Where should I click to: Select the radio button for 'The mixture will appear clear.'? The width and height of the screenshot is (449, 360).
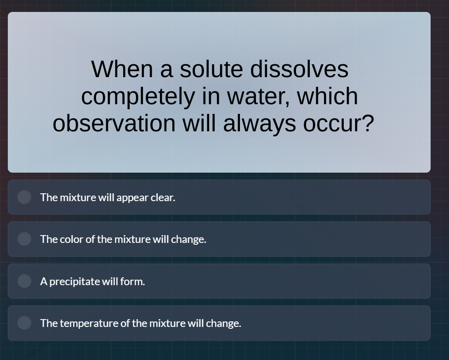pos(24,197)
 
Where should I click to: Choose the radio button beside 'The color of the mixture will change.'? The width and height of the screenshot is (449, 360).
pos(24,239)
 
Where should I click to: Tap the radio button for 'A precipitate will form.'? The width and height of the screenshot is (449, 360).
pos(24,281)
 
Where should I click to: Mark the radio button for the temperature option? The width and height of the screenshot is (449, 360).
pos(24,323)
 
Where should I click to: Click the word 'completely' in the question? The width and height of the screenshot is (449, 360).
pos(138,96)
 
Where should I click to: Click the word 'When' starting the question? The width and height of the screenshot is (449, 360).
pos(122,69)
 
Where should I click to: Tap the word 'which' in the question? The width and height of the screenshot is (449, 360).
pos(327,96)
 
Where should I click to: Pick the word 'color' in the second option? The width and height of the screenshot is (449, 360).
pos(72,239)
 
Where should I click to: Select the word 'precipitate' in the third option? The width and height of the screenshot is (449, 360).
pos(74,281)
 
